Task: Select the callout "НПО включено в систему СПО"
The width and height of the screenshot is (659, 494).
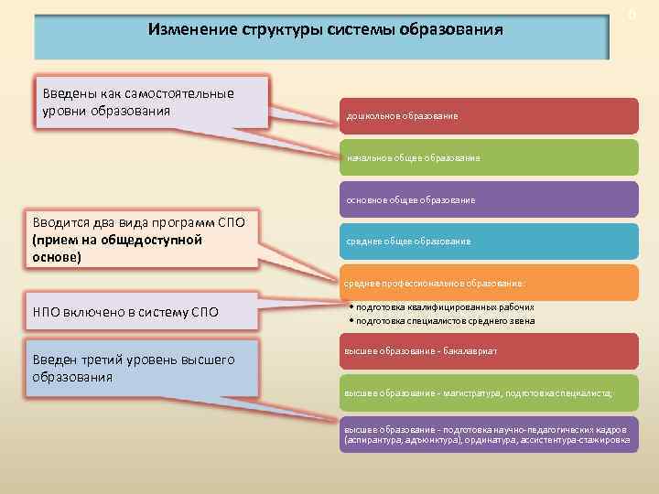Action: (142, 312)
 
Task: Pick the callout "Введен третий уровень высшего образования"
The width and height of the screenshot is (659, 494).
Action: (142, 369)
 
